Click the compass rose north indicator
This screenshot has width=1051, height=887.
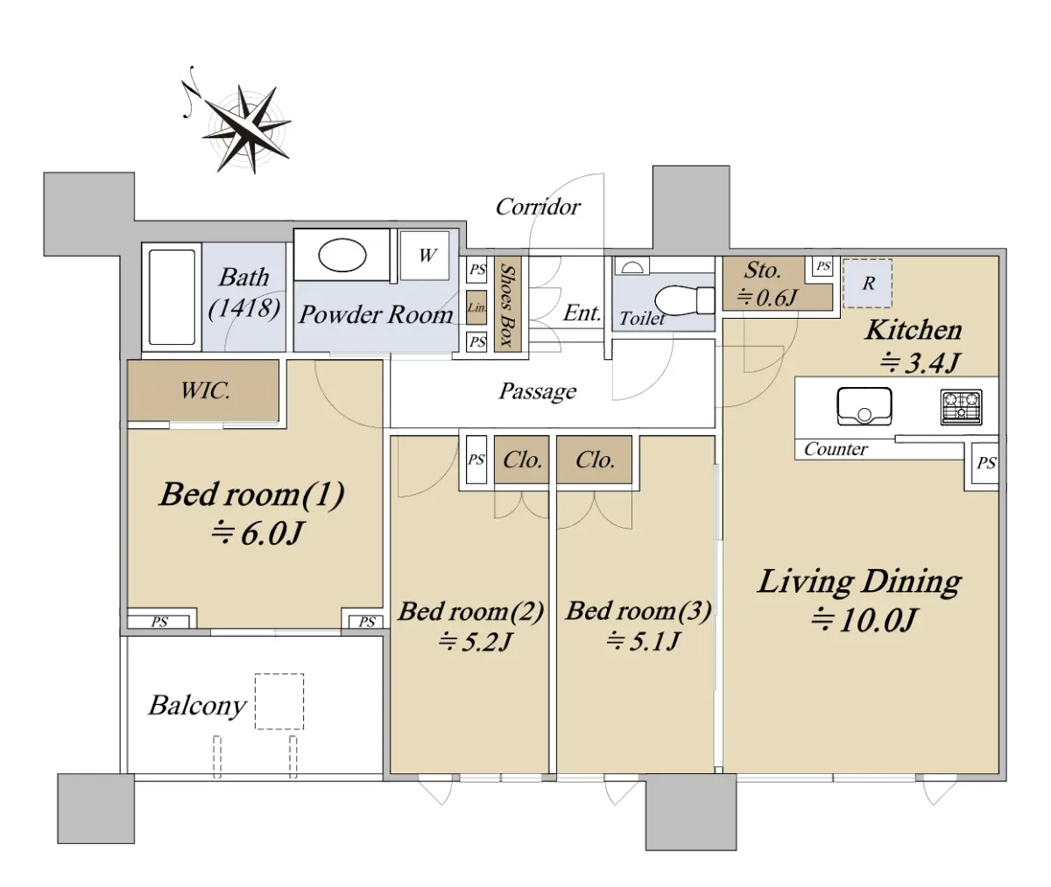pyautogui.click(x=191, y=93)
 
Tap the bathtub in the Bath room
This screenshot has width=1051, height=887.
pyautogui.click(x=173, y=298)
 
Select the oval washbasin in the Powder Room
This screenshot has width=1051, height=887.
pyautogui.click(x=342, y=255)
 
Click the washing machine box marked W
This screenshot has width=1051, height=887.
pyautogui.click(x=424, y=255)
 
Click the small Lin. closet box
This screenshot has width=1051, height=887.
pyautogui.click(x=476, y=307)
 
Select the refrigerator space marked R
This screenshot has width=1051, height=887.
pyautogui.click(x=868, y=284)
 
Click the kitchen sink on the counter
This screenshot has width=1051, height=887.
pyautogui.click(x=864, y=405)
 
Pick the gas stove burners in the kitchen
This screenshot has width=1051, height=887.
pyautogui.click(x=962, y=407)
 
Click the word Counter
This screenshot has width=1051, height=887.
pyautogui.click(x=836, y=448)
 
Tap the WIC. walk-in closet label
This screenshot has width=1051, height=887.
pyautogui.click(x=205, y=391)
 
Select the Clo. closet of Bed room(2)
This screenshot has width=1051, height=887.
pyautogui.click(x=521, y=460)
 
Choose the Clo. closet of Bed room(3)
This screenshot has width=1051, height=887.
pyautogui.click(x=595, y=460)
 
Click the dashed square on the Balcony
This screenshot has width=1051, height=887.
pyautogui.click(x=279, y=701)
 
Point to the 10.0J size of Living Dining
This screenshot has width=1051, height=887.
pyautogui.click(x=864, y=620)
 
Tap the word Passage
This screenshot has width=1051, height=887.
pyautogui.click(x=538, y=391)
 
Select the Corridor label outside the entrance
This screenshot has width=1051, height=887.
pyautogui.click(x=538, y=207)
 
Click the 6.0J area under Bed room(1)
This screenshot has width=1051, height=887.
pyautogui.click(x=257, y=533)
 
